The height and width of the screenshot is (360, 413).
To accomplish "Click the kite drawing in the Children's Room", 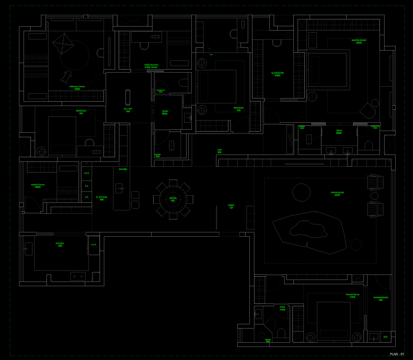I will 63,44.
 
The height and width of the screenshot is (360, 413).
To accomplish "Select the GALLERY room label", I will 128,110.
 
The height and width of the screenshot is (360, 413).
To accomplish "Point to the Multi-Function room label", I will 151,66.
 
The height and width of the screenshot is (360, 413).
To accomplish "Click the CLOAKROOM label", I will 277,74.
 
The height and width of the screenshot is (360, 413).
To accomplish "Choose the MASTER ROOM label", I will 359,41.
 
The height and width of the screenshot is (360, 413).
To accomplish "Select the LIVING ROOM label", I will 337,194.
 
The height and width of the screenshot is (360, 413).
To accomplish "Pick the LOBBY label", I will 231,206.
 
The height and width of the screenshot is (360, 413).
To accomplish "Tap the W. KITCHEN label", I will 102,198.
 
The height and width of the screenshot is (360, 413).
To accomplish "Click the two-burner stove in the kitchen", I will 78,276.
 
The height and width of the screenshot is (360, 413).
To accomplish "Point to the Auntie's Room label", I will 38,186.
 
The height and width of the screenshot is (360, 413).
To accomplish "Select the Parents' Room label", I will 352,295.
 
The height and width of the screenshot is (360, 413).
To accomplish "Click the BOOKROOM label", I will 381,298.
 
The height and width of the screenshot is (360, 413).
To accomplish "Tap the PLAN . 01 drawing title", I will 397,354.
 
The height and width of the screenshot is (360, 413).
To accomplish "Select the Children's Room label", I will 77,87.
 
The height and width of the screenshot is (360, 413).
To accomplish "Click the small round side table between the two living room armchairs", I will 374,196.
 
